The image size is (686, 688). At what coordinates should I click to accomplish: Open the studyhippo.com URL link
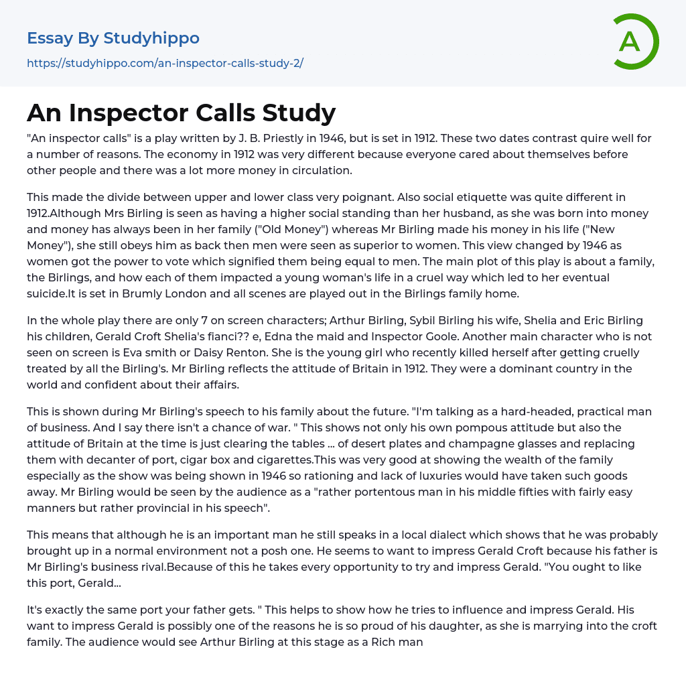tap(165, 63)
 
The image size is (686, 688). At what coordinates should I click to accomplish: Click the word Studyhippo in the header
tap(151, 38)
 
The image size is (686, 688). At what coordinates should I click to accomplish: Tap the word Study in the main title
tap(301, 112)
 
